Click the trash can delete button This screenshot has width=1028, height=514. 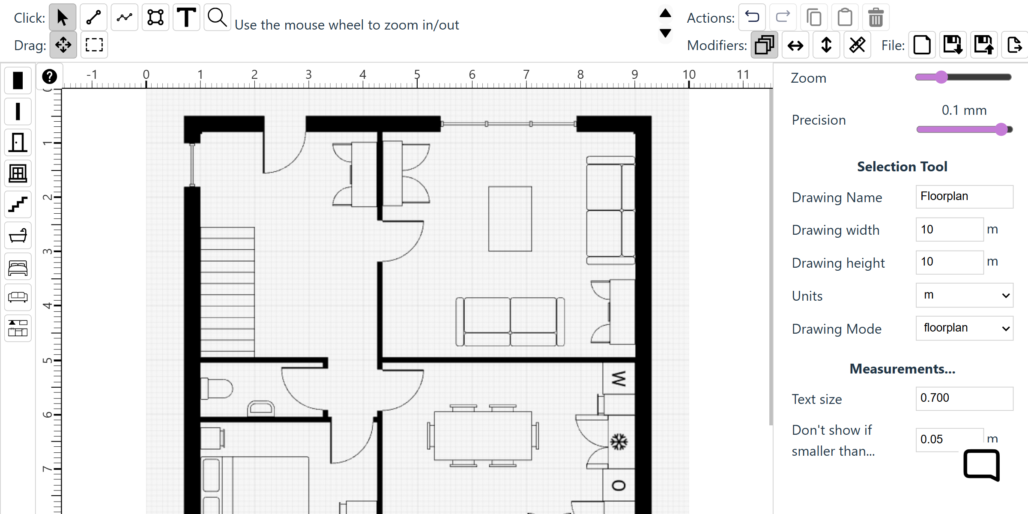click(x=876, y=18)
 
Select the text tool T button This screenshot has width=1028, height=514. click(x=186, y=18)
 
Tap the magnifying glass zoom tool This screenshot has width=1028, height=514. click(x=217, y=18)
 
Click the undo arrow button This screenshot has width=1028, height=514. click(x=752, y=18)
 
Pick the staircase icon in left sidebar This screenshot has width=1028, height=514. click(x=18, y=204)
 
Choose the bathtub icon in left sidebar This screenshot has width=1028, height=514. click(x=18, y=235)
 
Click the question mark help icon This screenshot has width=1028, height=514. click(x=50, y=77)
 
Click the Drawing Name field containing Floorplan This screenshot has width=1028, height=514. click(x=964, y=197)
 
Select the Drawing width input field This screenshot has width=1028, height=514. click(x=950, y=230)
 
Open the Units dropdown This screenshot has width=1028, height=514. click(x=964, y=295)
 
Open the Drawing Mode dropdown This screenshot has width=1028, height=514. click(x=964, y=328)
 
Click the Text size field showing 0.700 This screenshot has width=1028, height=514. click(x=964, y=398)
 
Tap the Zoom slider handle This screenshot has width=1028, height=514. click(x=941, y=77)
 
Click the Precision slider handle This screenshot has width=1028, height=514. click(x=1001, y=129)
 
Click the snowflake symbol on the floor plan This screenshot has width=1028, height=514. click(x=619, y=442)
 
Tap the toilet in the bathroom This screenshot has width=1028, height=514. click(x=217, y=388)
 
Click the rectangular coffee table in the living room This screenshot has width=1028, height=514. click(x=510, y=219)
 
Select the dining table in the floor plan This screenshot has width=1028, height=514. click(x=483, y=436)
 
